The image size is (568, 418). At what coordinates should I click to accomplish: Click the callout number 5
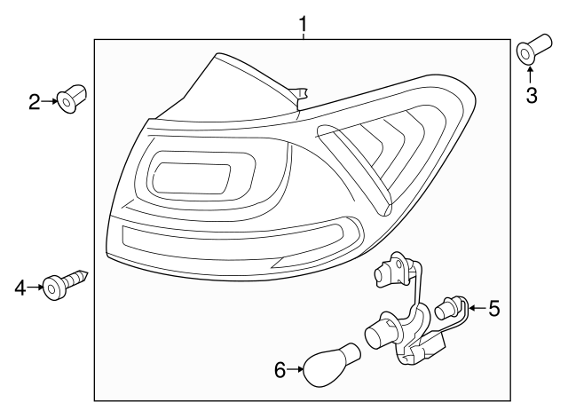click(494, 308)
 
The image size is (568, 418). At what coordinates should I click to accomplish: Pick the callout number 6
click(280, 370)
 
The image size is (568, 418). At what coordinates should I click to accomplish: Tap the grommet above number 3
click(527, 52)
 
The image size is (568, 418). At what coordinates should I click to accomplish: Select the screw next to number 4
click(67, 283)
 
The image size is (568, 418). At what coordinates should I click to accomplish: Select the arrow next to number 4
click(35, 286)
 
